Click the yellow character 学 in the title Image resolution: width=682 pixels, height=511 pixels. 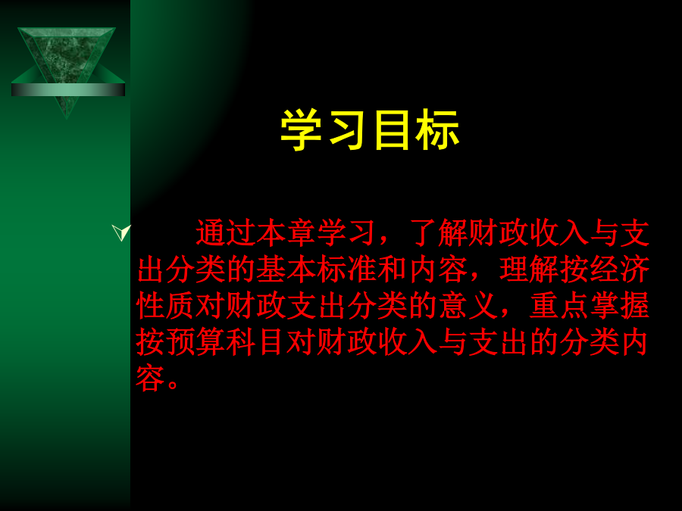coord(302,130)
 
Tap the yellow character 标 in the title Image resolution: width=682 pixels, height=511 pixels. coord(437,130)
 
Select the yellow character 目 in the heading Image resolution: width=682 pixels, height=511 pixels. coord(392,130)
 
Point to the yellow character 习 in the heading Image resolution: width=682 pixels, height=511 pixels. coord(347,130)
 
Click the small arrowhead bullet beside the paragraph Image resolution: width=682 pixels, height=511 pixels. coord(121,232)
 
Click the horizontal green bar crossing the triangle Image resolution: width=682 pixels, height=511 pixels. coord(68,89)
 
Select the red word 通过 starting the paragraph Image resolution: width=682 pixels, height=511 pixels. coord(226,233)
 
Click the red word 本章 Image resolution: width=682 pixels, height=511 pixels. coord(286,233)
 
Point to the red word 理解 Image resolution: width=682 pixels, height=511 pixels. coord(529,270)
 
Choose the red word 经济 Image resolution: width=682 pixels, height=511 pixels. coord(620,270)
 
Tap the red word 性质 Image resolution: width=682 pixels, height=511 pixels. coord(165,306)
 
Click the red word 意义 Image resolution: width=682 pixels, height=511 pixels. coord(468,306)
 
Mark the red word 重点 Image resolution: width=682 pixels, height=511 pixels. coord(559,306)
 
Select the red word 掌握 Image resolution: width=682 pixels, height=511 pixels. coord(620,306)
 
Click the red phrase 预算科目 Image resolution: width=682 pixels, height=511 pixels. coord(226,342)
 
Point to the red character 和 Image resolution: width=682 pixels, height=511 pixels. coord(393,270)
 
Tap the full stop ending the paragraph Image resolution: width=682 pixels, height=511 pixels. coord(173,384)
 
